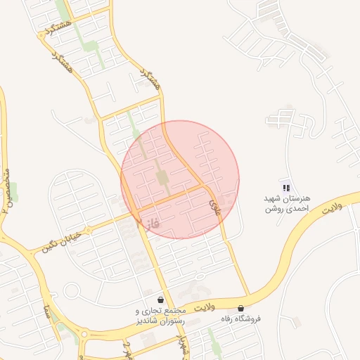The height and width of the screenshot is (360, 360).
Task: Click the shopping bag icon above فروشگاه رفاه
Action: click(x=241, y=308)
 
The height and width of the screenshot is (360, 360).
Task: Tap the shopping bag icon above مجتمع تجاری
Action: click(x=161, y=300)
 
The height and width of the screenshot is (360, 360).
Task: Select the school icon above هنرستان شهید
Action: click(x=285, y=187)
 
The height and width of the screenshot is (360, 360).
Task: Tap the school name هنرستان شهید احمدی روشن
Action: click(x=283, y=204)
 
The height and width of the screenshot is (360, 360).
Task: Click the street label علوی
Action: click(x=213, y=203)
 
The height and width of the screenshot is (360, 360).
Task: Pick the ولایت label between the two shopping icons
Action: click(x=200, y=308)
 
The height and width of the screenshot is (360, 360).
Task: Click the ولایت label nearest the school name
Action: click(x=330, y=209)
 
